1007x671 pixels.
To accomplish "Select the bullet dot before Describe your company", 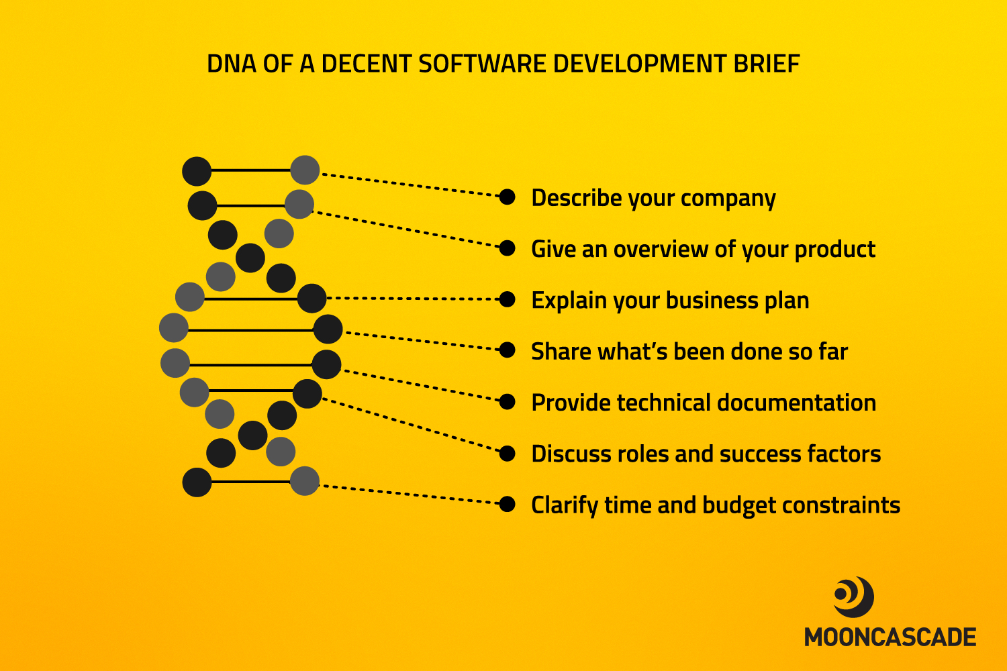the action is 507,197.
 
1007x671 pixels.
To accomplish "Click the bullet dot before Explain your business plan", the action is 507,299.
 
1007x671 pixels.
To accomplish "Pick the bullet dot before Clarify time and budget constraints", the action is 507,505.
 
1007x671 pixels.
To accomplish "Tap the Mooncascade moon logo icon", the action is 853,597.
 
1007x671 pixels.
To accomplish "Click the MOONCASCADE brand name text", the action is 890,637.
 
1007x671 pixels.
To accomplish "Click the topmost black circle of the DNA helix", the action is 197,171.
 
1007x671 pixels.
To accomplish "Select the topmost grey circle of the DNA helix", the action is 305,170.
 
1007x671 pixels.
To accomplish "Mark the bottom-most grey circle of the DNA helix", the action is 305,481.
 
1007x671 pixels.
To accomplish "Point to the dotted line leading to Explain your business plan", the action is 413,299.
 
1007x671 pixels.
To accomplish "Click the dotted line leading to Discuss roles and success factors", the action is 411,425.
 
